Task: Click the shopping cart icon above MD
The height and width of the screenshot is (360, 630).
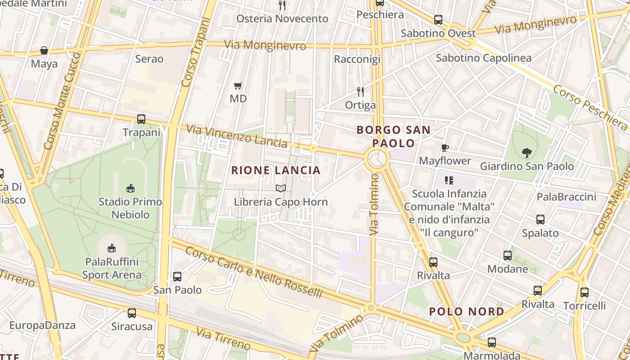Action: [x=238, y=85]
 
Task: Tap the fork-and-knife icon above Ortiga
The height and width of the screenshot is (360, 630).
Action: [x=360, y=92]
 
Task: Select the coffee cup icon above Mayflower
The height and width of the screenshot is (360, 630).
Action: [x=445, y=148]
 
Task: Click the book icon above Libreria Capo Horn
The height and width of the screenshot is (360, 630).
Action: [x=281, y=188]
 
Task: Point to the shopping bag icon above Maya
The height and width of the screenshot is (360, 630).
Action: [x=44, y=50]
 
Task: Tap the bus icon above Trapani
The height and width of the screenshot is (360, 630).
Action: [x=141, y=119]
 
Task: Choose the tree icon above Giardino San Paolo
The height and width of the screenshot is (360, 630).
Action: [x=526, y=153]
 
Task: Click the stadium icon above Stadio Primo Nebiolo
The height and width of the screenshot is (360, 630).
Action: [x=130, y=188]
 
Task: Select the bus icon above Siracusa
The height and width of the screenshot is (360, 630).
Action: [x=132, y=313]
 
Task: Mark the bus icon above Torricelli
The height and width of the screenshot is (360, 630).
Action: [x=584, y=292]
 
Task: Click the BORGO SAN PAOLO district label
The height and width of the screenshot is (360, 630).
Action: [x=393, y=136]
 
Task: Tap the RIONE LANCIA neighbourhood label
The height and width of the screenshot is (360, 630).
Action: [x=276, y=170]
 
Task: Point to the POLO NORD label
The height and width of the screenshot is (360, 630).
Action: [x=467, y=311]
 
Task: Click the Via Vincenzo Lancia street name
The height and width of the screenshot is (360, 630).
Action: [x=237, y=136]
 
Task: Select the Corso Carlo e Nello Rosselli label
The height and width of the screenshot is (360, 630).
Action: [x=254, y=272]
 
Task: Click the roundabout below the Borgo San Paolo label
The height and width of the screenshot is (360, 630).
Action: [x=377, y=160]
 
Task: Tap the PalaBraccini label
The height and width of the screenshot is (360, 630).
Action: [x=566, y=197]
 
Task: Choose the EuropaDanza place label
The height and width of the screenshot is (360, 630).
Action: [x=42, y=325]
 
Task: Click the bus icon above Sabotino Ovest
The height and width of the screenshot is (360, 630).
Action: [x=438, y=20]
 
